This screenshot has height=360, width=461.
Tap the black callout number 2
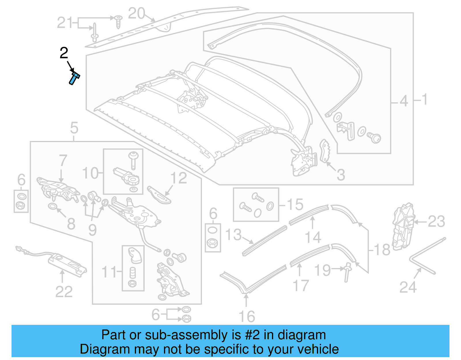coord(64,53)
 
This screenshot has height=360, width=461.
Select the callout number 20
coord(136,14)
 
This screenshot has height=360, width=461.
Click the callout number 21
coord(65,23)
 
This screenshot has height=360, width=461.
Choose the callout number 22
coord(64,292)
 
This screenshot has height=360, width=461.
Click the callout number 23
coord(436,222)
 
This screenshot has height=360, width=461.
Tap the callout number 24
coord(408,287)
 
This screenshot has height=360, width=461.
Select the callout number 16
coord(247,316)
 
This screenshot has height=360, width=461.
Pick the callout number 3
coord(341,175)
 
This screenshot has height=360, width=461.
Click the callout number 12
coord(179,178)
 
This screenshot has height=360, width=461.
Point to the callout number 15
coord(295,204)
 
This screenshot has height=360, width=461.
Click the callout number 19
coord(322,270)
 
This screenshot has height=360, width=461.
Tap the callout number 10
coord(90,173)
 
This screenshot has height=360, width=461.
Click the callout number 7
coord(63,161)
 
